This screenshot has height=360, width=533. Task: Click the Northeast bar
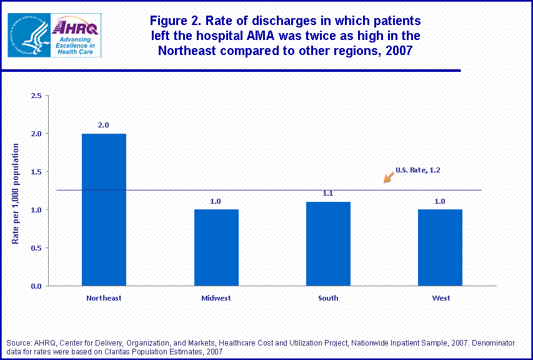click(x=104, y=209)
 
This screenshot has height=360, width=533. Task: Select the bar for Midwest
click(x=216, y=247)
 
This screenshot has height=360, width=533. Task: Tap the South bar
click(x=328, y=244)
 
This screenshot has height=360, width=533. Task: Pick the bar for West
click(x=441, y=247)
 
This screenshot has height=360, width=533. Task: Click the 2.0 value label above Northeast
click(x=104, y=125)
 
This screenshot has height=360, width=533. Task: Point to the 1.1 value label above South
click(x=328, y=194)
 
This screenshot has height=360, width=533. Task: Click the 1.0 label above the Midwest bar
click(x=216, y=201)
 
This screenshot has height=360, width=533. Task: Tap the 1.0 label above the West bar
click(x=441, y=201)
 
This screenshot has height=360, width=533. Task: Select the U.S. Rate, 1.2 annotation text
click(x=419, y=169)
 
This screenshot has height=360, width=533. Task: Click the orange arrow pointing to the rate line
click(x=389, y=178)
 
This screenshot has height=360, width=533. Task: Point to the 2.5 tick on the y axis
click(x=36, y=96)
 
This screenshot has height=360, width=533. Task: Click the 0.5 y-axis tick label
click(x=36, y=248)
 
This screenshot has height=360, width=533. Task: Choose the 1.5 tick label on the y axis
click(x=36, y=172)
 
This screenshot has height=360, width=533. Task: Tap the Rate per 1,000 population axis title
click(x=16, y=194)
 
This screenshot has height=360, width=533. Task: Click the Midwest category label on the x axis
click(x=216, y=298)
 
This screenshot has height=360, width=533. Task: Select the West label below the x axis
click(x=441, y=298)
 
